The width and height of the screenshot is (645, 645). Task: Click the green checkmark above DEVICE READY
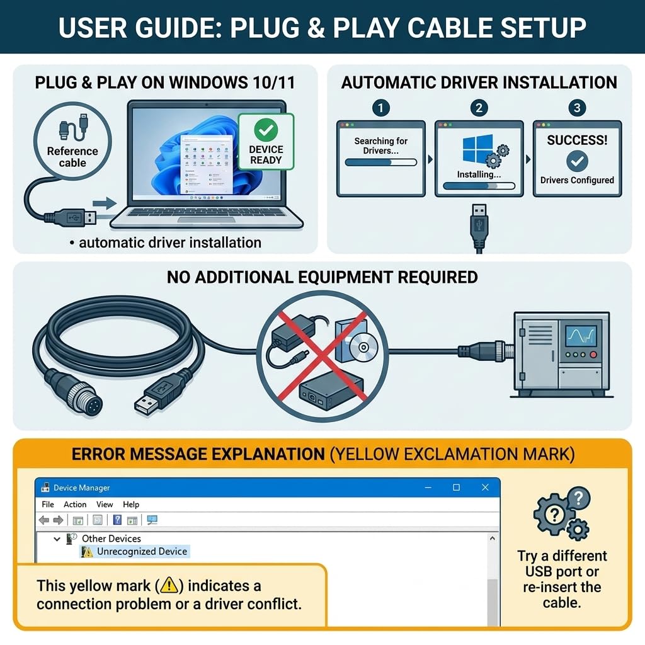point(266,130)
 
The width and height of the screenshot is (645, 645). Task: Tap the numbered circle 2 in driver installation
point(479,108)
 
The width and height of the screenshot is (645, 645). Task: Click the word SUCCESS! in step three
point(577,140)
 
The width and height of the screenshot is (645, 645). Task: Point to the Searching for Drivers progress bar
point(380,162)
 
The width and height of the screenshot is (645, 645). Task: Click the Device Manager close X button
point(485,488)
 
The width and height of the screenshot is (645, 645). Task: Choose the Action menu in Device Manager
point(75,505)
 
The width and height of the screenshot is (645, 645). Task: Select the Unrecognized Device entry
point(142,552)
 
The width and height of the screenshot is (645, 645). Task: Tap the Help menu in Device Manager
point(131,505)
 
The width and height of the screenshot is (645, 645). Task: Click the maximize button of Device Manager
point(456,488)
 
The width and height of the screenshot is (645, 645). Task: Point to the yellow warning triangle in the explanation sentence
point(169,586)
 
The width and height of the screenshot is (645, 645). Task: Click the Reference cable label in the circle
point(72,157)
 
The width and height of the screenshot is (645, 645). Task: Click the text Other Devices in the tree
point(111,539)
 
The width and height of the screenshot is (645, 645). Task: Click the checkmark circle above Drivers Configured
point(577,161)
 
